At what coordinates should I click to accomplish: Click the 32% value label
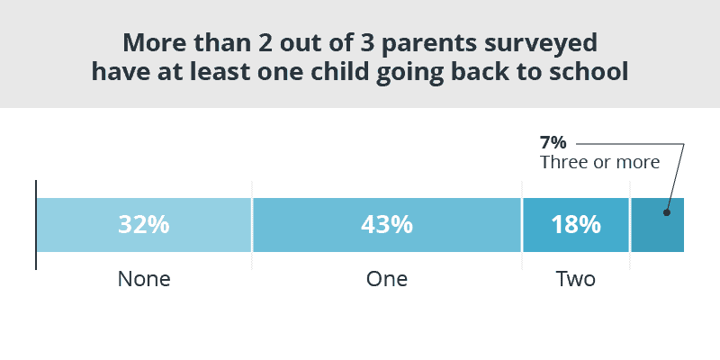(144, 225)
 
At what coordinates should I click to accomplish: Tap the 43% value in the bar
(387, 225)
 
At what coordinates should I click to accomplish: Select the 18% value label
(576, 225)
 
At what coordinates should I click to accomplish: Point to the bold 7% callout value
(553, 143)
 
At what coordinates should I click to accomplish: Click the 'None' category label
(144, 279)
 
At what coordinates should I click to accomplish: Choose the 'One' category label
(387, 279)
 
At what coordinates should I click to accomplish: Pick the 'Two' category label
(576, 279)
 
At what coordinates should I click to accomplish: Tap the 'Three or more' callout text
(599, 162)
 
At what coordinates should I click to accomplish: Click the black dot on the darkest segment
(667, 212)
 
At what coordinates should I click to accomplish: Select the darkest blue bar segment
(658, 225)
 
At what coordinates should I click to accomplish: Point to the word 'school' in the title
(592, 73)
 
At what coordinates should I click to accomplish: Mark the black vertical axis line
(36, 225)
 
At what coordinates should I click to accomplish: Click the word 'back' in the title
(477, 73)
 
